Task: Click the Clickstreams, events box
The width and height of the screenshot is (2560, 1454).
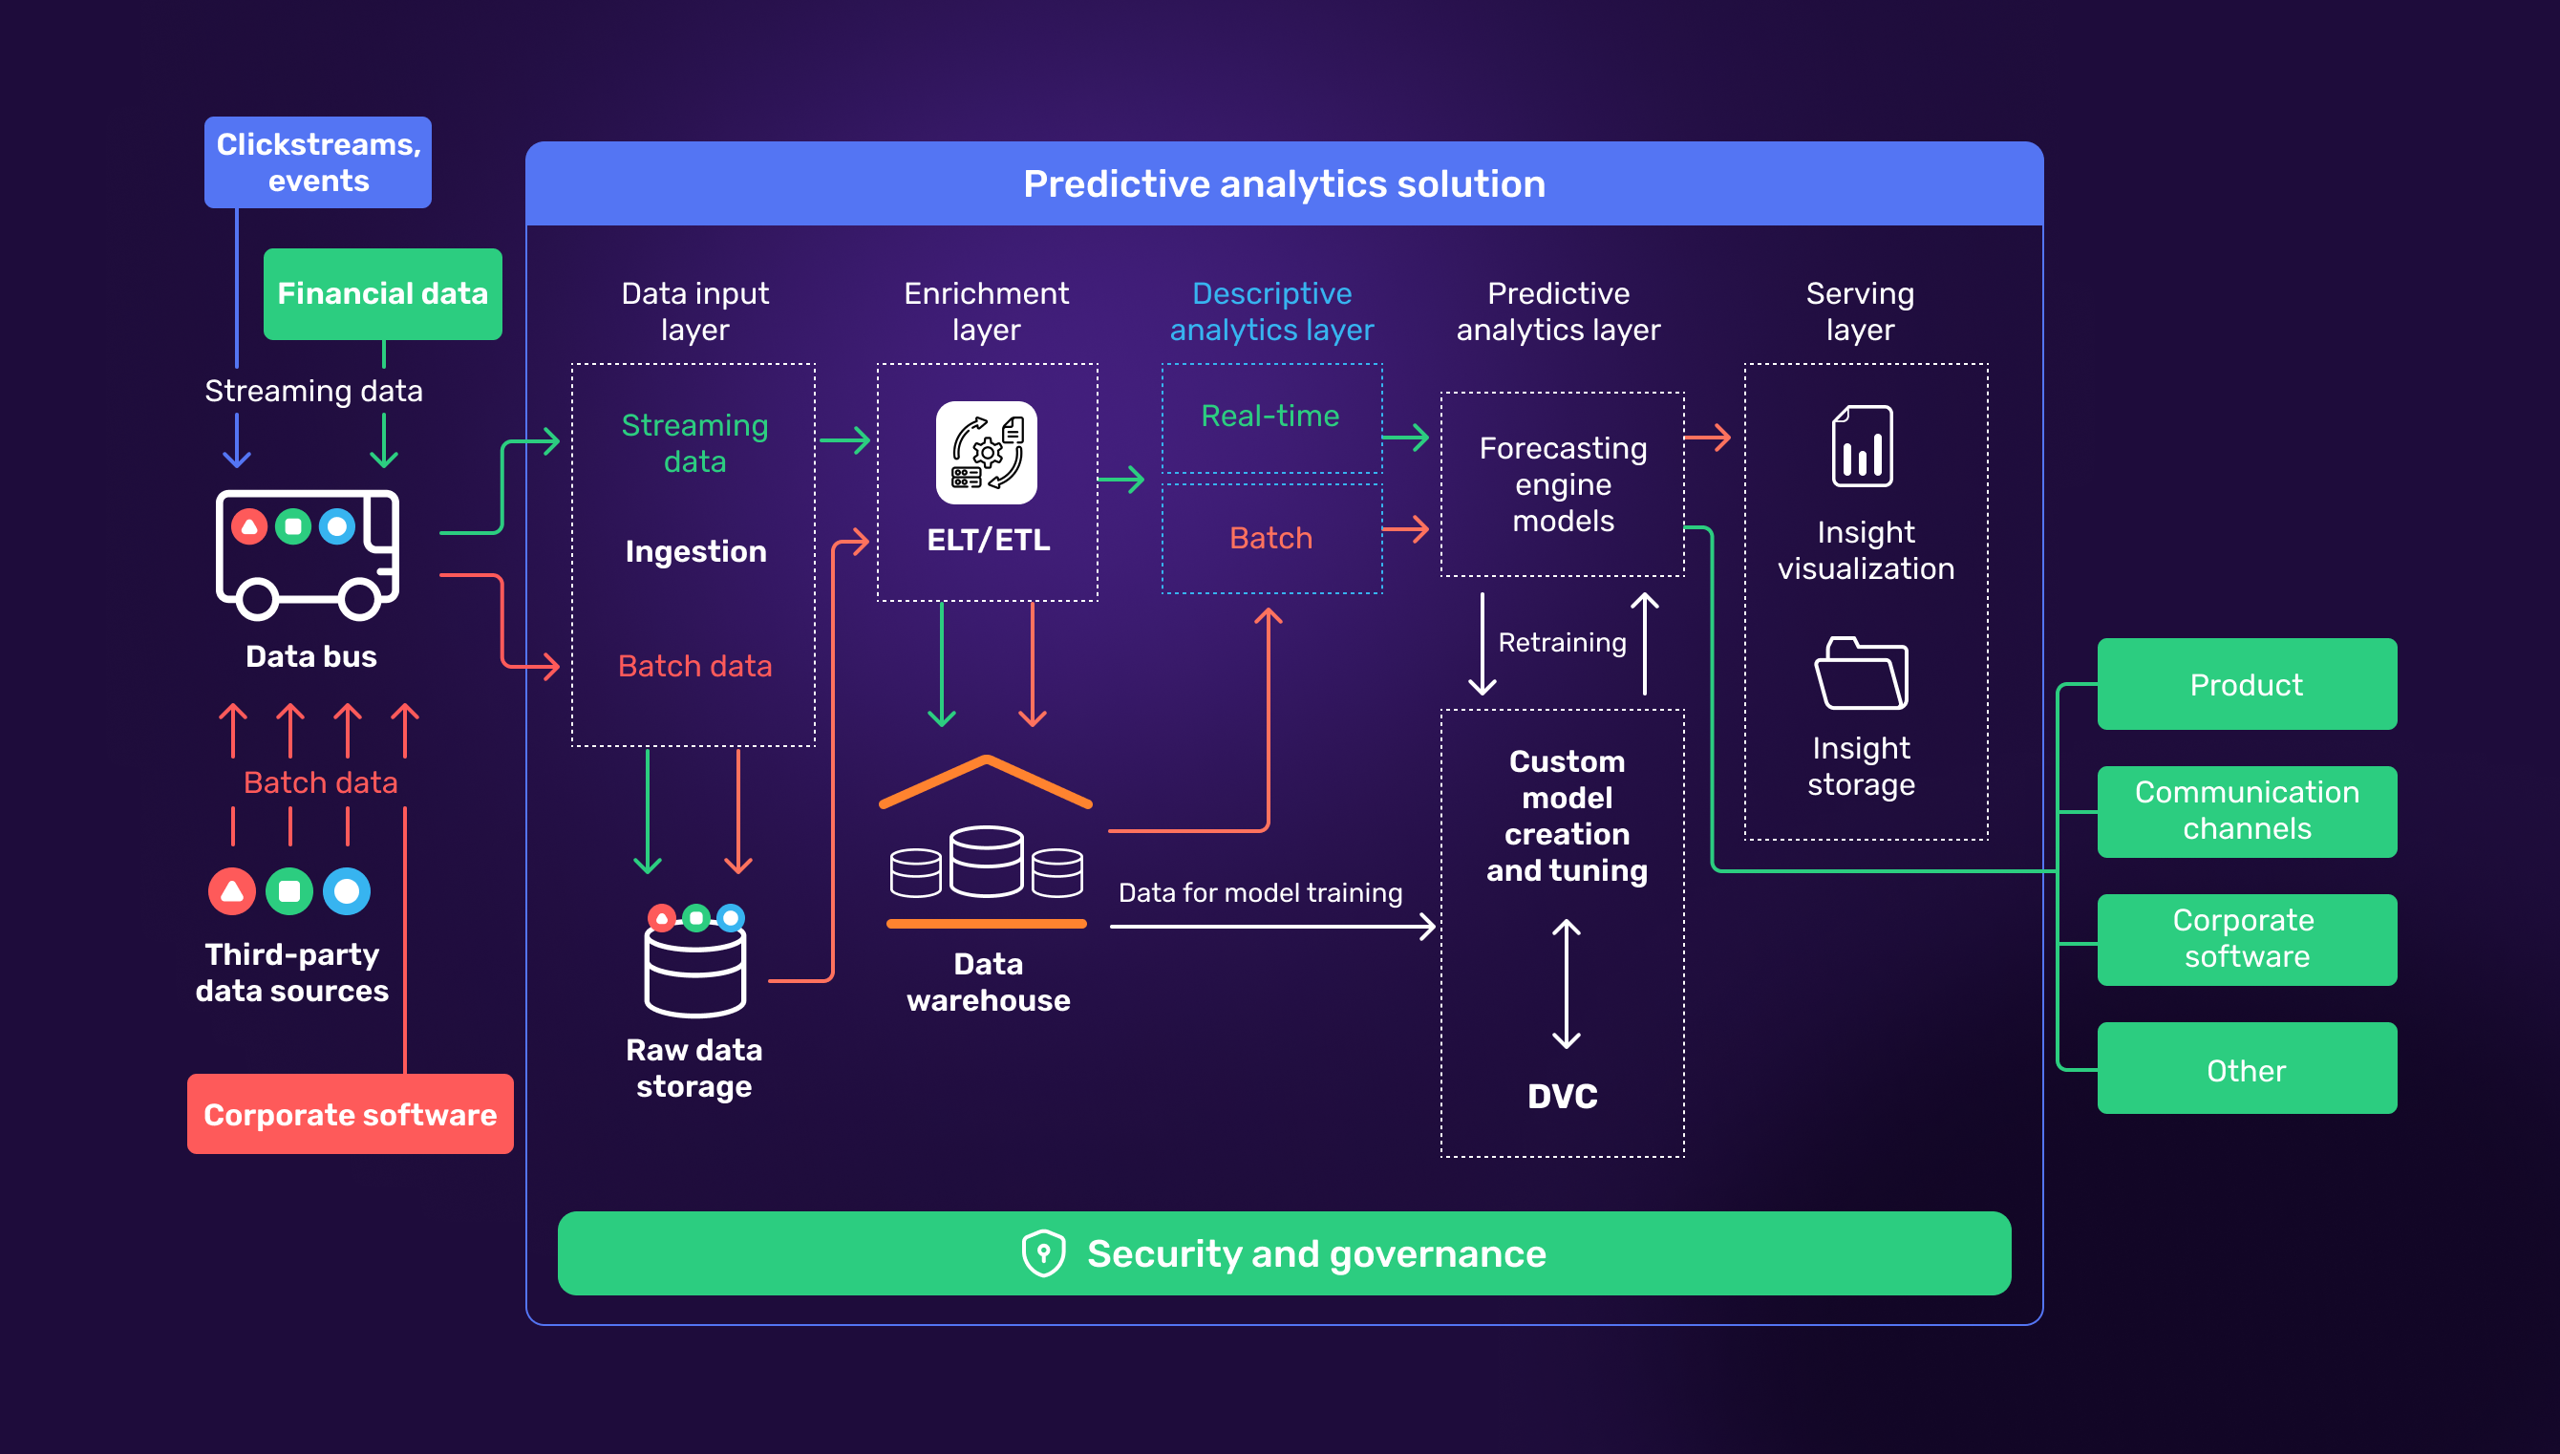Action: coord(317,161)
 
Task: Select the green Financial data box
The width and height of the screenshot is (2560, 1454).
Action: coord(382,293)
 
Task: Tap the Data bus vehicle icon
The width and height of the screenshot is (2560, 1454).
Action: coord(308,553)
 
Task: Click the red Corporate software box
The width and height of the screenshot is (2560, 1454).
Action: coord(350,1114)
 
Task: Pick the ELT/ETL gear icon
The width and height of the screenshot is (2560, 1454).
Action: coord(987,453)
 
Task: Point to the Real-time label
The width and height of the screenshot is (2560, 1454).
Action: coord(1270,416)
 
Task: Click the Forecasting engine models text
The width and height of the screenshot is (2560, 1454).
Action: coord(1563,484)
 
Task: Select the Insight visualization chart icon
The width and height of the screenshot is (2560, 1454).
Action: coord(1862,446)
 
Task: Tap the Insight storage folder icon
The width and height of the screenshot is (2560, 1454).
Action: coord(1861,674)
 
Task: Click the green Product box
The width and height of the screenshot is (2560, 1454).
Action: coord(2247,684)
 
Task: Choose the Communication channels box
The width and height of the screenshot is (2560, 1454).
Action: coord(2247,811)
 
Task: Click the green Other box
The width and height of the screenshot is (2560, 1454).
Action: coord(2247,1070)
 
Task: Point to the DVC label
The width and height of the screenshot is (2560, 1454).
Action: coord(1563,1096)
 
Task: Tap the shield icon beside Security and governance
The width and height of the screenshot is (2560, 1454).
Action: coord(1043,1252)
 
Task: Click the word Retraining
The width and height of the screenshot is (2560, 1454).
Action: coord(1563,642)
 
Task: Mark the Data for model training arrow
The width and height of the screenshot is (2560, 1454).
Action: coord(1272,927)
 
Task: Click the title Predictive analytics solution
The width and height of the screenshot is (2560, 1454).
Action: coord(1284,183)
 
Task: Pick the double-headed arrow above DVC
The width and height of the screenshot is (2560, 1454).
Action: coord(1567,984)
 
